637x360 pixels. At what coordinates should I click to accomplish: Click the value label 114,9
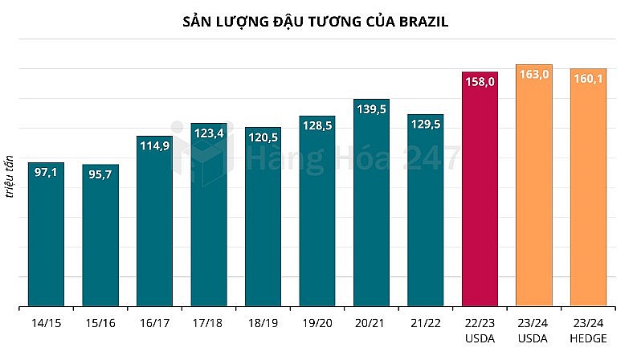(154, 145)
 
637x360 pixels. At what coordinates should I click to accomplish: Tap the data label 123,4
(208, 133)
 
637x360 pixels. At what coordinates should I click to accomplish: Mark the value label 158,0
(480, 81)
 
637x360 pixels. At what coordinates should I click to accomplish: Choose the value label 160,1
(588, 78)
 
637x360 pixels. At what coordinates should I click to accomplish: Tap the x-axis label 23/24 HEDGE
(588, 330)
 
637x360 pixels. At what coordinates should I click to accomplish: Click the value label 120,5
(263, 137)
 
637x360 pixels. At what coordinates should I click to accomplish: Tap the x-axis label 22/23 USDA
(480, 330)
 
